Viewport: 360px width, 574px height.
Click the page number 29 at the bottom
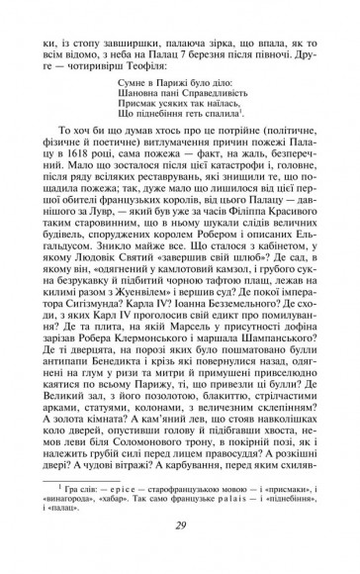coord(180,551)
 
